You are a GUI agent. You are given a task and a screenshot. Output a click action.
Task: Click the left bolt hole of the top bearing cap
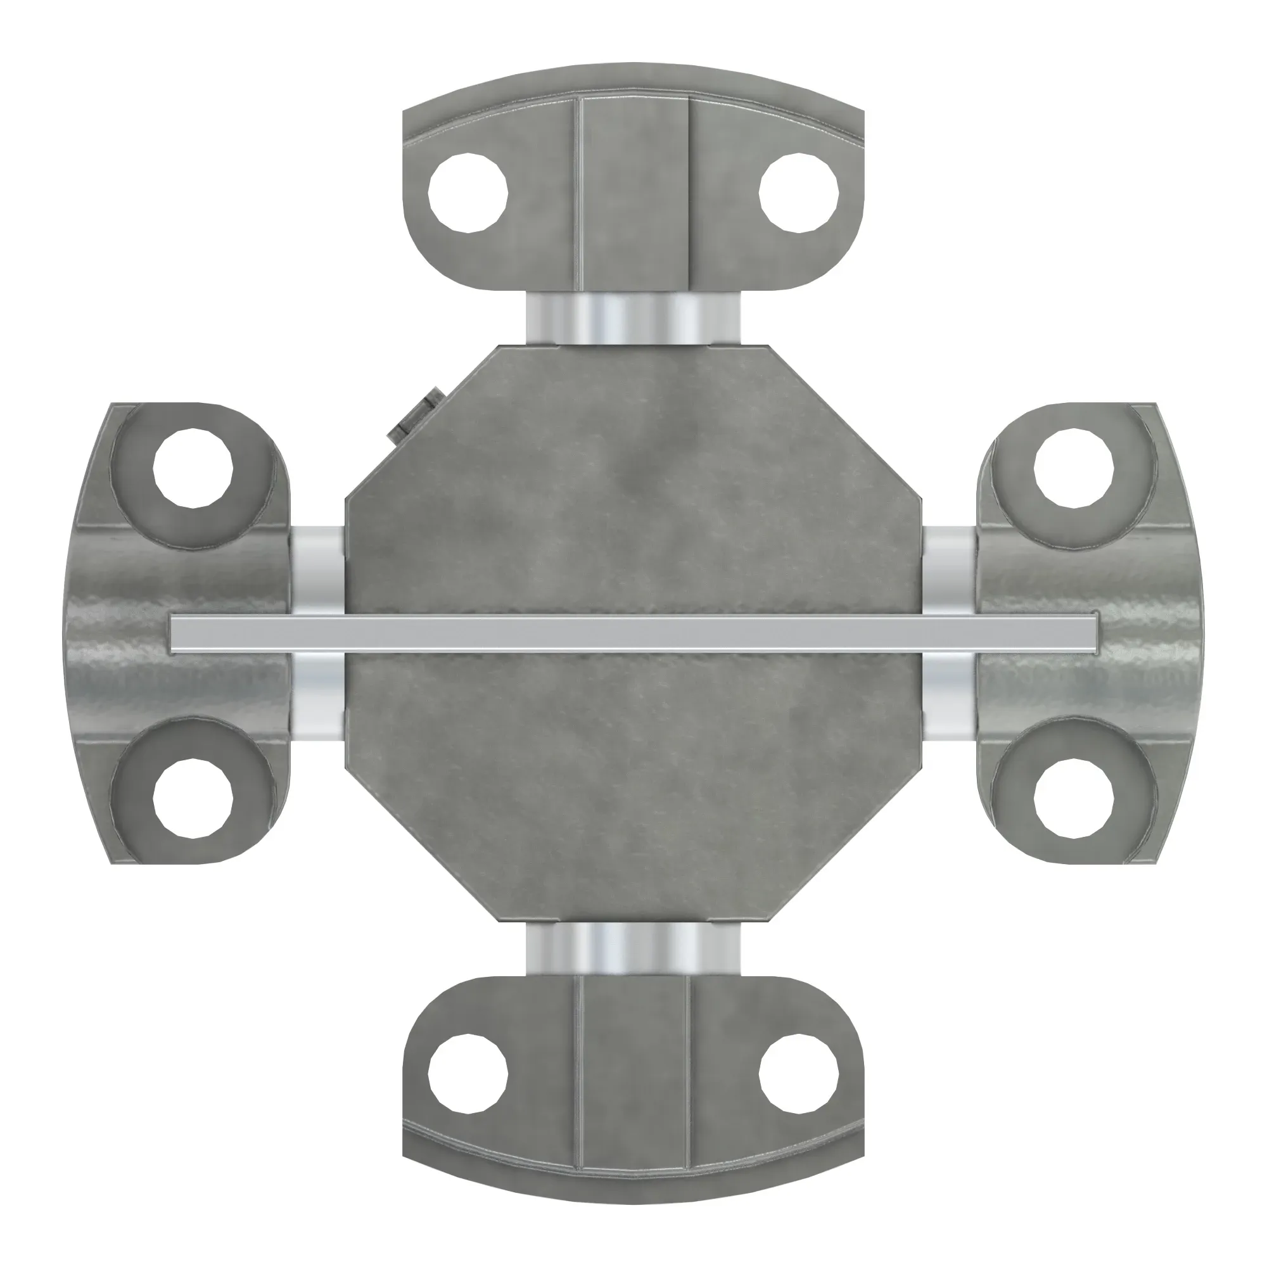(x=468, y=193)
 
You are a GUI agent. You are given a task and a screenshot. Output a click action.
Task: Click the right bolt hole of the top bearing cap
(x=799, y=193)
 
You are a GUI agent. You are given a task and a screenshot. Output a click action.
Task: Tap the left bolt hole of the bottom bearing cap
(x=468, y=1074)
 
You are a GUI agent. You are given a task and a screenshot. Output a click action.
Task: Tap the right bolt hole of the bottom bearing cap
(x=799, y=1074)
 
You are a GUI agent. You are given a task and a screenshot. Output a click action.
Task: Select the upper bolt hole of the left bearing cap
(x=193, y=468)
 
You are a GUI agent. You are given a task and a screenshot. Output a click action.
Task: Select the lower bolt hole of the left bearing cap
(x=193, y=799)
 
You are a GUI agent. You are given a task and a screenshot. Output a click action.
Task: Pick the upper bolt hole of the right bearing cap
(x=1074, y=468)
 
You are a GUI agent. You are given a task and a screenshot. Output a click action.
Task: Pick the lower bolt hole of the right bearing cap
(x=1074, y=799)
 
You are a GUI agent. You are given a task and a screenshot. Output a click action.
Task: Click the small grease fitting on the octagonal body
(x=414, y=416)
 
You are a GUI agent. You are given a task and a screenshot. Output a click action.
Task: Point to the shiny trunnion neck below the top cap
(x=633, y=317)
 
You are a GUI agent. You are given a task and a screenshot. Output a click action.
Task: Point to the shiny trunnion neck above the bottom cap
(x=633, y=948)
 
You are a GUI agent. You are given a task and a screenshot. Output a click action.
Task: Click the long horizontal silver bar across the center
(x=633, y=633)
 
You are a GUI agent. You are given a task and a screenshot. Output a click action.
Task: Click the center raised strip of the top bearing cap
(x=633, y=193)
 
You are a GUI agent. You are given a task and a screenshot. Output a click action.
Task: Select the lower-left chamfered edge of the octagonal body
(x=421, y=843)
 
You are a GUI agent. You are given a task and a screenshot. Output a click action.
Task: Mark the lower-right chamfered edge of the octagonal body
(x=846, y=843)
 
